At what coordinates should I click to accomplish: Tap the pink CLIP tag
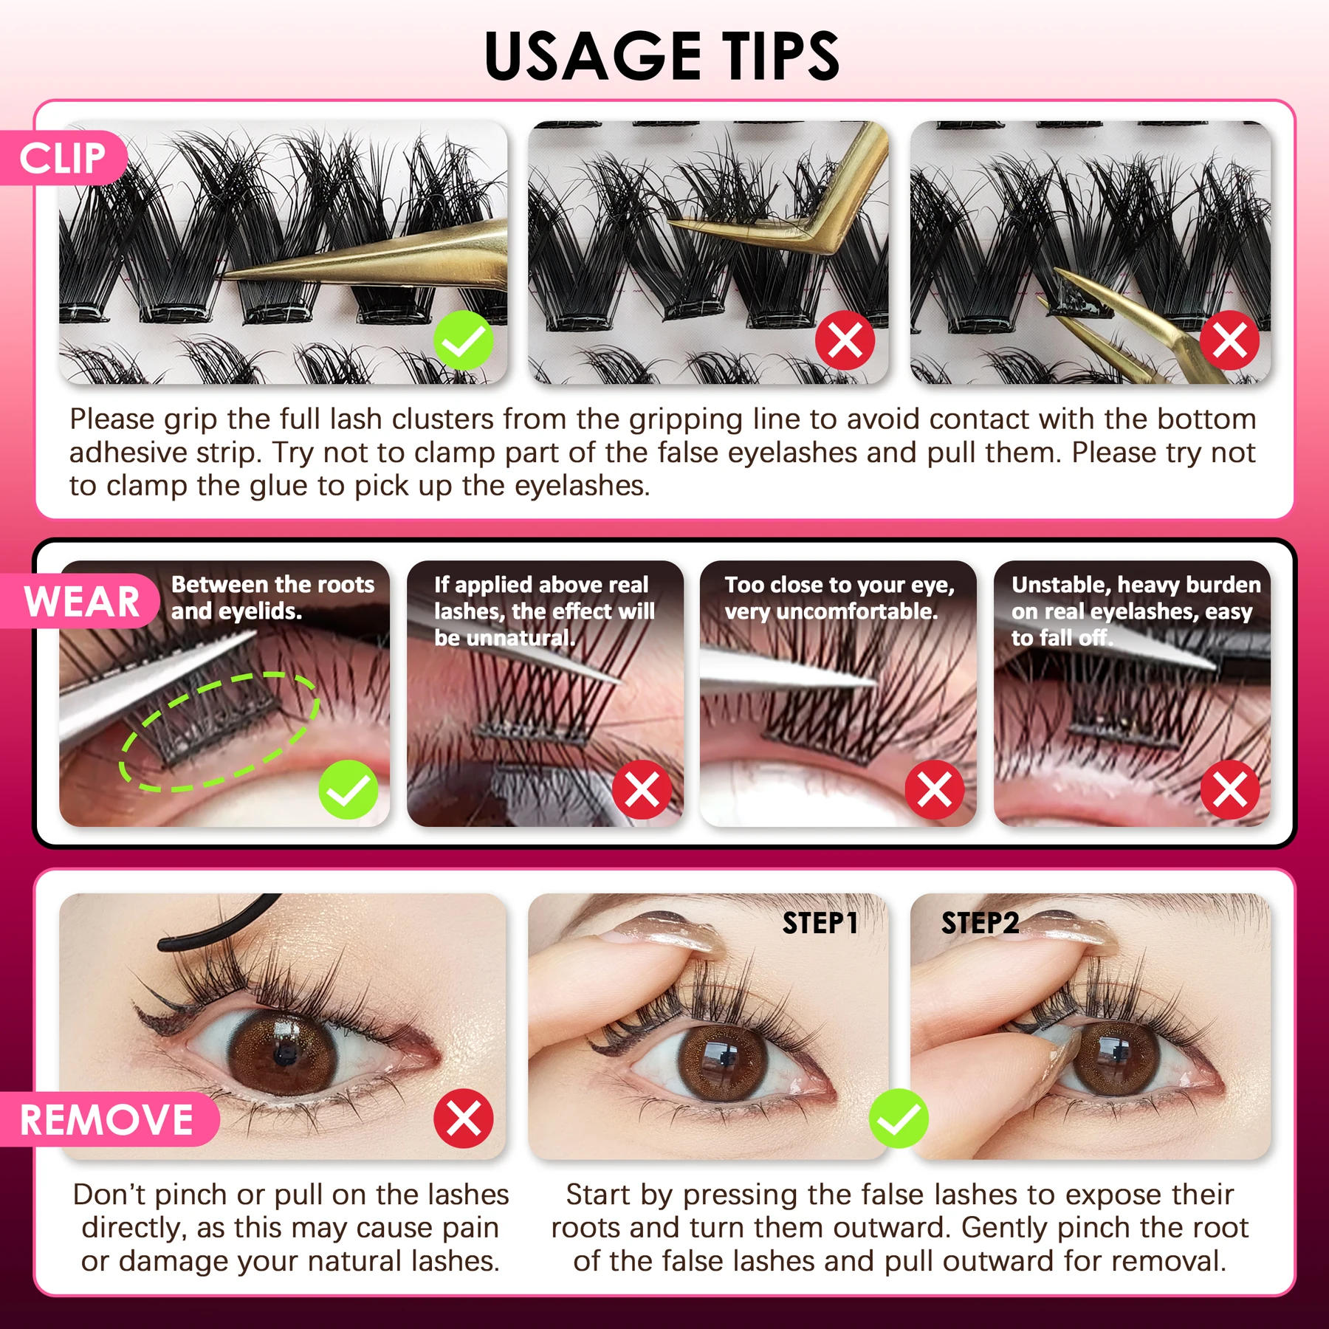(63, 158)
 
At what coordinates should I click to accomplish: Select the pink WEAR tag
(81, 601)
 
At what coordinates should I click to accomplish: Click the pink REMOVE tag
(107, 1119)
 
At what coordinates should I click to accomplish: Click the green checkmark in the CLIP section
(464, 340)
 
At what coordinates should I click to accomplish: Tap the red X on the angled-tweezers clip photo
(845, 340)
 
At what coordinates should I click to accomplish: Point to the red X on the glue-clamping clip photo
(1229, 340)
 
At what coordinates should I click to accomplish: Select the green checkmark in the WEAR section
(348, 789)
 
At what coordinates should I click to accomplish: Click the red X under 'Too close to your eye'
(935, 789)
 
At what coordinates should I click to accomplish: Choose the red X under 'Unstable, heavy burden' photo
(1229, 789)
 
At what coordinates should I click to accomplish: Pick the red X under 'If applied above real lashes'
(642, 789)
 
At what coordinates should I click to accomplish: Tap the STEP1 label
(820, 923)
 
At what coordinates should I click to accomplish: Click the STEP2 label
(980, 923)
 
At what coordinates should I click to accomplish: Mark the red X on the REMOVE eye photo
(464, 1118)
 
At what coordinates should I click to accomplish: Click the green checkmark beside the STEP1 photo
(899, 1118)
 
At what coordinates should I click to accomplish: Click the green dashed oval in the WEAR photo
(219, 731)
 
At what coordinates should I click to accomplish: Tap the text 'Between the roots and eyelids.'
(272, 597)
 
